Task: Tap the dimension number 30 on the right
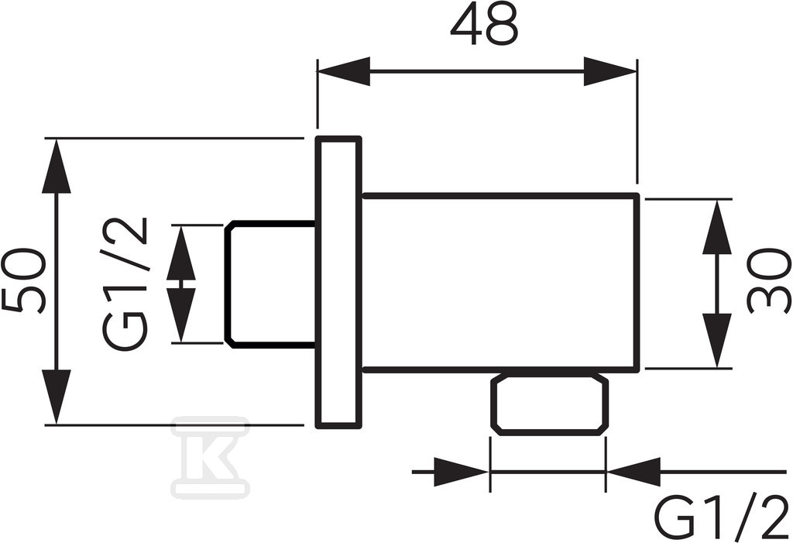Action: pyautogui.click(x=768, y=280)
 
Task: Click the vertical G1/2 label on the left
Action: pyautogui.click(x=126, y=284)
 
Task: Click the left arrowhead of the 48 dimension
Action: pyautogui.click(x=344, y=71)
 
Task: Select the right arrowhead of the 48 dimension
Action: pyautogui.click(x=610, y=71)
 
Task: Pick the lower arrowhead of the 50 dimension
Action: pyautogui.click(x=56, y=397)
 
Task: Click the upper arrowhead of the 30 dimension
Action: pyautogui.click(x=717, y=226)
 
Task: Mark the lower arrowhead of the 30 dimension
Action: pyautogui.click(x=717, y=341)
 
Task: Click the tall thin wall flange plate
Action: pyautogui.click(x=338, y=283)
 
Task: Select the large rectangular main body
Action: pyautogui.click(x=501, y=283)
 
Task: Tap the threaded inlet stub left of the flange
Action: pyautogui.click(x=270, y=284)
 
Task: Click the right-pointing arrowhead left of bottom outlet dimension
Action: pyautogui.click(x=462, y=473)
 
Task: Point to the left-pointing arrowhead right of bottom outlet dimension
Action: pyautogui.click(x=633, y=473)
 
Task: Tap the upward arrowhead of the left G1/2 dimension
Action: pyautogui.click(x=181, y=253)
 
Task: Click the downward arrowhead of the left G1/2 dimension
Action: pyautogui.click(x=181, y=315)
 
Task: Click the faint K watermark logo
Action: pyautogui.click(x=211, y=455)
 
